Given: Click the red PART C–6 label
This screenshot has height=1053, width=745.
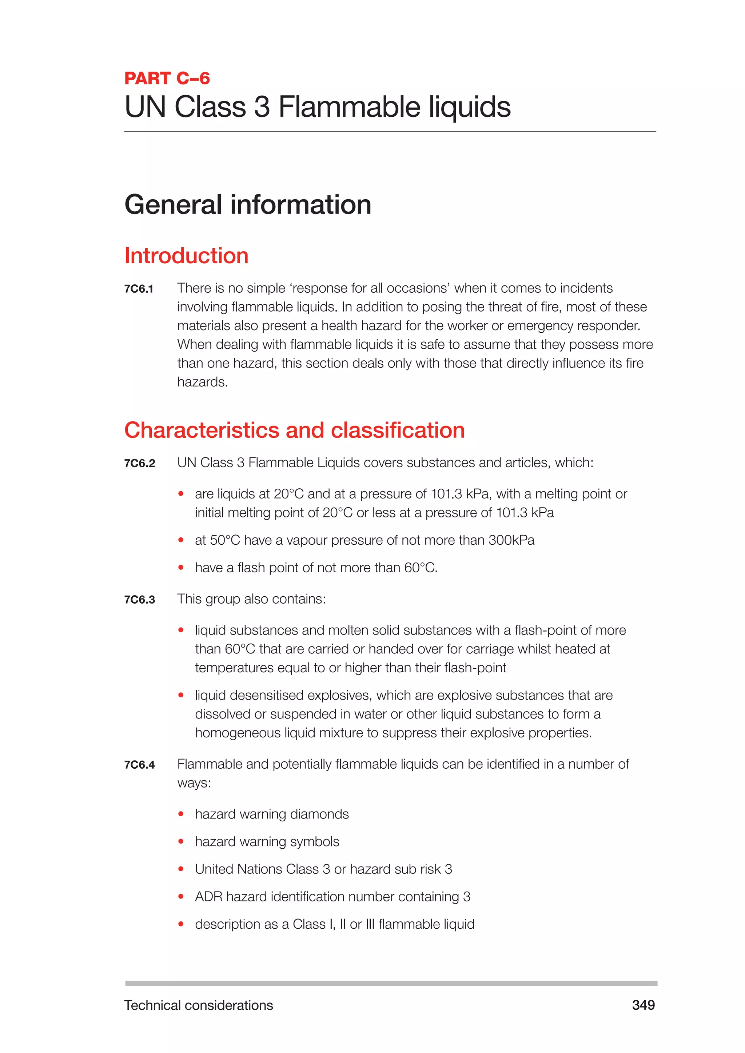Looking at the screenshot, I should (167, 79).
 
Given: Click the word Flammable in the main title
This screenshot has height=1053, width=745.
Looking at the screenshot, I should (350, 107).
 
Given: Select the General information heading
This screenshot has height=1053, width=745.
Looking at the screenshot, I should (248, 205).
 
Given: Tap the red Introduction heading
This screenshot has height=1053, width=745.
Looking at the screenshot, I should (186, 256).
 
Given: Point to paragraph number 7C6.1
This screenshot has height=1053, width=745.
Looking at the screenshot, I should (139, 289).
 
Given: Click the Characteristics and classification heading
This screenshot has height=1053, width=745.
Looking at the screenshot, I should (295, 431).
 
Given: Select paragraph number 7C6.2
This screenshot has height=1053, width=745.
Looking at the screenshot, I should (139, 463).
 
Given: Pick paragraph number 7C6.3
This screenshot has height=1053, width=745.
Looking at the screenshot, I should (139, 600).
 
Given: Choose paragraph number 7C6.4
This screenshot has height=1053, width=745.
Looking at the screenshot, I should (139, 765).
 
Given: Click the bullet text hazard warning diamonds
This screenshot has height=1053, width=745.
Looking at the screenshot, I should (272, 814).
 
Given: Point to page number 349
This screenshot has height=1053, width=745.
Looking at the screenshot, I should (643, 1005).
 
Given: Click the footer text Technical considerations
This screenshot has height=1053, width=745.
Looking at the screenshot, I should (199, 1005).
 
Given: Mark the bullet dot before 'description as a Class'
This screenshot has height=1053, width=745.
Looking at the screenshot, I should (181, 924).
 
